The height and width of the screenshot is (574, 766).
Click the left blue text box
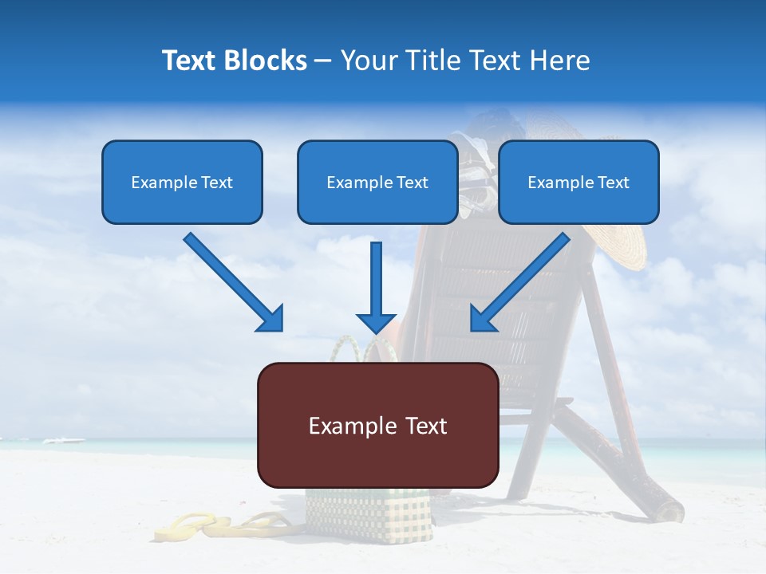coord(182,182)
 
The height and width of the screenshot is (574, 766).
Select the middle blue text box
coord(377,182)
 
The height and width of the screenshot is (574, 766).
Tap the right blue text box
coord(578,182)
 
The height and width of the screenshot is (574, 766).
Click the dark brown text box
coord(378,425)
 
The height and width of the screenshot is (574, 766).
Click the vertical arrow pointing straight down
coord(377,287)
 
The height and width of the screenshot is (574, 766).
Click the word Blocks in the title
coord(267,61)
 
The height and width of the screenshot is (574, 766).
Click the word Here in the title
coord(559,61)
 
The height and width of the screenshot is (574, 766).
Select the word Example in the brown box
coord(346,426)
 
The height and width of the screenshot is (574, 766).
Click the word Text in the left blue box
coord(217,183)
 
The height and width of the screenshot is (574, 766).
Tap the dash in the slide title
coord(323,61)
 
